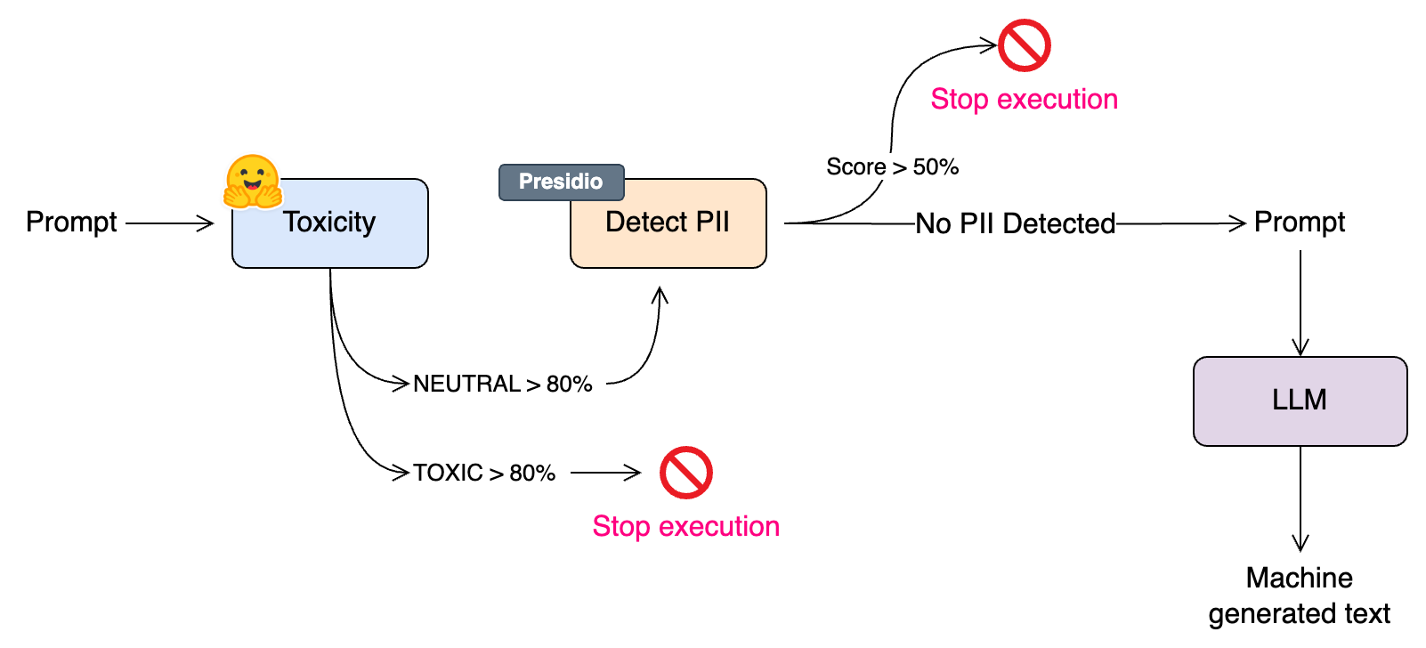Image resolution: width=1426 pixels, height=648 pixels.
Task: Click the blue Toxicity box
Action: pos(329,223)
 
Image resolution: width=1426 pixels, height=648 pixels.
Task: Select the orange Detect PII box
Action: pos(668,223)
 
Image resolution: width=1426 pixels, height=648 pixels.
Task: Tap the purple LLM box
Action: pos(1300,401)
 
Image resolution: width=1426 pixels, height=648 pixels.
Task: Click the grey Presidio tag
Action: pos(561,182)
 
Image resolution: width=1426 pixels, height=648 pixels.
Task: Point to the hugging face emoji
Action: pos(252,182)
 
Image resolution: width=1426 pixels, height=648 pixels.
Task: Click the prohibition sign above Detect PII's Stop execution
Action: pos(1024,45)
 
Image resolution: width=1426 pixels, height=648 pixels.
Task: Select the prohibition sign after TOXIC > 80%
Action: pos(685,473)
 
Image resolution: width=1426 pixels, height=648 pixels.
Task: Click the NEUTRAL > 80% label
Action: pos(502,384)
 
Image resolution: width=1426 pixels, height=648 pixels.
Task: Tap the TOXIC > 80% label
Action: pos(484,473)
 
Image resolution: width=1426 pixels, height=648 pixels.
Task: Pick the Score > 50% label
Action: pos(892,166)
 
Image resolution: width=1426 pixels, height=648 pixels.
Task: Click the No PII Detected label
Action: pos(1015,224)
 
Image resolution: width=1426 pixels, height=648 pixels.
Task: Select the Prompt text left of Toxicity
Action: pos(71,223)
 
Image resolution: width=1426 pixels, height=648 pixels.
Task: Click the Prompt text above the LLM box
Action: pos(1300,223)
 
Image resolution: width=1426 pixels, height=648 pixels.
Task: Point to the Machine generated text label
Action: pos(1300,595)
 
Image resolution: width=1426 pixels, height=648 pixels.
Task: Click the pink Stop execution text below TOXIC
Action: pos(685,526)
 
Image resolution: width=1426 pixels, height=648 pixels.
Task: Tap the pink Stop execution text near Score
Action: pos(1024,100)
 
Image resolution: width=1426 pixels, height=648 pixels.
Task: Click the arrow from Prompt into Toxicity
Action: pos(169,223)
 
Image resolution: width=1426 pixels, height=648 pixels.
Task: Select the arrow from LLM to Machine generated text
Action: pos(1300,498)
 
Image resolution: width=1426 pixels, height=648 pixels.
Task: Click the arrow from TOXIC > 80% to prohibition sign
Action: pos(605,473)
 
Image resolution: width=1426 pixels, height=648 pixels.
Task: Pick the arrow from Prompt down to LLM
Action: pos(1300,303)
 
